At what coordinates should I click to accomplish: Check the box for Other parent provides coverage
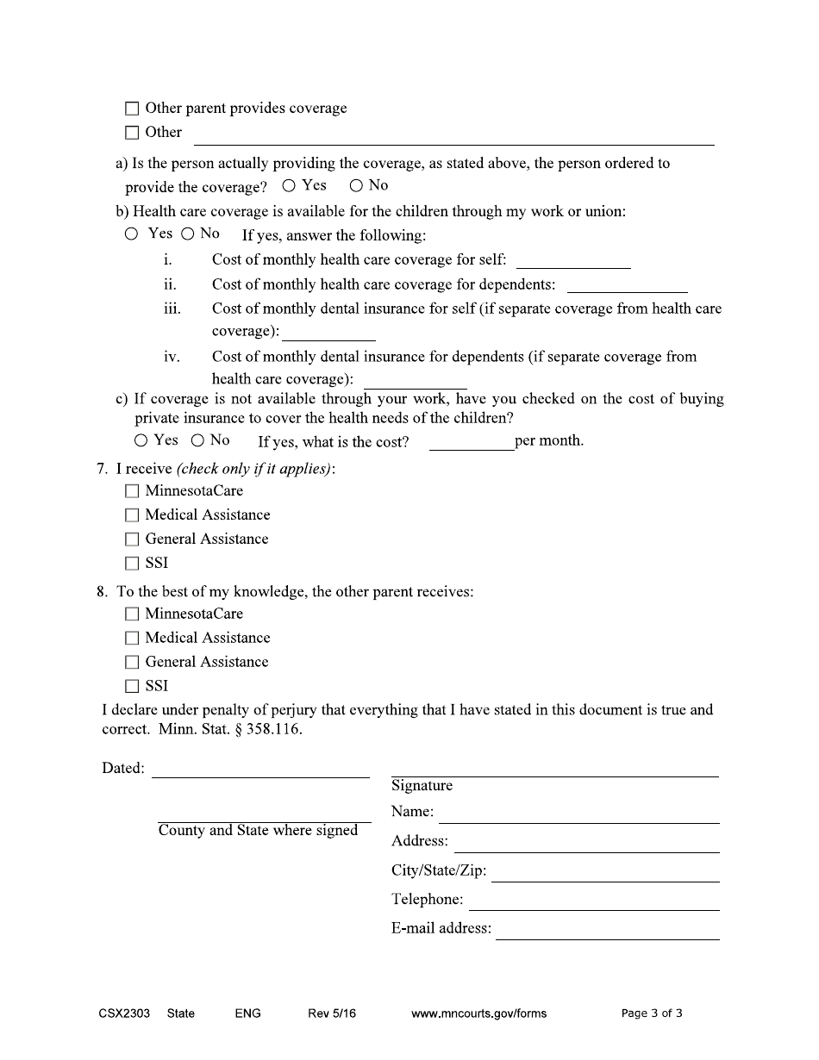[x=132, y=109]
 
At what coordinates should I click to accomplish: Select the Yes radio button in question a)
[x=289, y=185]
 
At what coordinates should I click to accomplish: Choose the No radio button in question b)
[x=187, y=234]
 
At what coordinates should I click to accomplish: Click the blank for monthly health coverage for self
[x=573, y=261]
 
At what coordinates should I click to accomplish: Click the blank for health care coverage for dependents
[x=627, y=285]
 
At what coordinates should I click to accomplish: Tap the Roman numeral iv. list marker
[x=172, y=357]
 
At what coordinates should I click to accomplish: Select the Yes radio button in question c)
[x=141, y=440]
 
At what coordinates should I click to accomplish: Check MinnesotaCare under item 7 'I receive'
[x=132, y=491]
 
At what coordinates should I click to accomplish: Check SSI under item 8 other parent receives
[x=132, y=687]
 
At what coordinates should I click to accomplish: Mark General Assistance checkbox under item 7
[x=132, y=539]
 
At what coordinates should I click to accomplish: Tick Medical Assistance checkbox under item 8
[x=132, y=639]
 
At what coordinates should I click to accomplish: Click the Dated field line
[x=260, y=770]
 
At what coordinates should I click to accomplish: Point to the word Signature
[x=422, y=785]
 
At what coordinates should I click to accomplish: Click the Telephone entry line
[x=594, y=902]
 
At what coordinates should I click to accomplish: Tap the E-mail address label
[x=441, y=928]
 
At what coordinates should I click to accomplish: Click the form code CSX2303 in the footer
[x=124, y=1013]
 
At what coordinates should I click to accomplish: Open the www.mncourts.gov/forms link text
[x=479, y=1013]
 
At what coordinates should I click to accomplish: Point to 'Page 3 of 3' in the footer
[x=652, y=1013]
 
